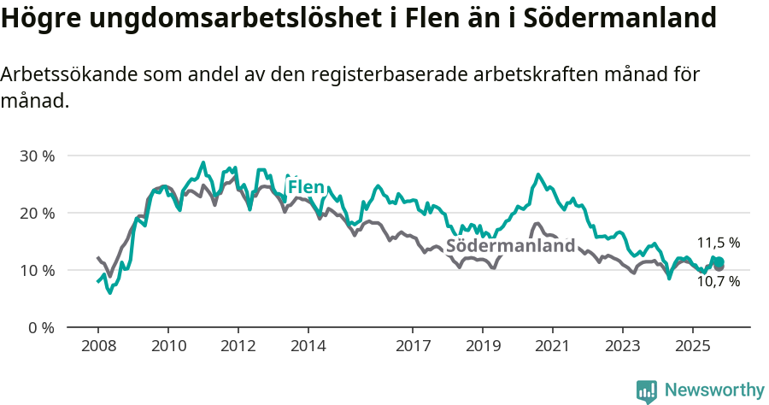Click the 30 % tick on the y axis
(37, 156)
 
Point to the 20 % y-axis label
(37, 214)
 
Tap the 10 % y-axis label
(37, 271)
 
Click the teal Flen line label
(306, 187)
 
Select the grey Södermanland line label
(511, 246)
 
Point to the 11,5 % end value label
(718, 244)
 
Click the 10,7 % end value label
(718, 281)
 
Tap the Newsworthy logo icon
(647, 391)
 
